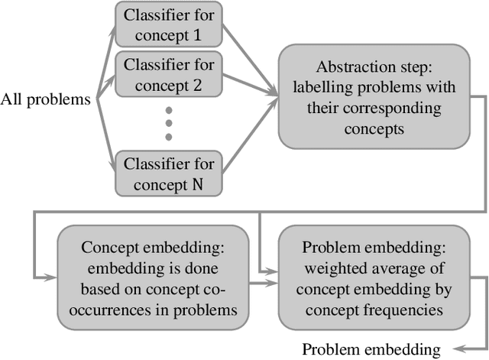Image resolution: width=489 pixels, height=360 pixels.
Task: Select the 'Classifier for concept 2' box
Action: coord(168,74)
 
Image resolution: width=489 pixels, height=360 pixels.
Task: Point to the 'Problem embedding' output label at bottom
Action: coord(371,349)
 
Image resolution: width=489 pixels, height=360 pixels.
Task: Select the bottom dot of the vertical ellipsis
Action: coord(168,137)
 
